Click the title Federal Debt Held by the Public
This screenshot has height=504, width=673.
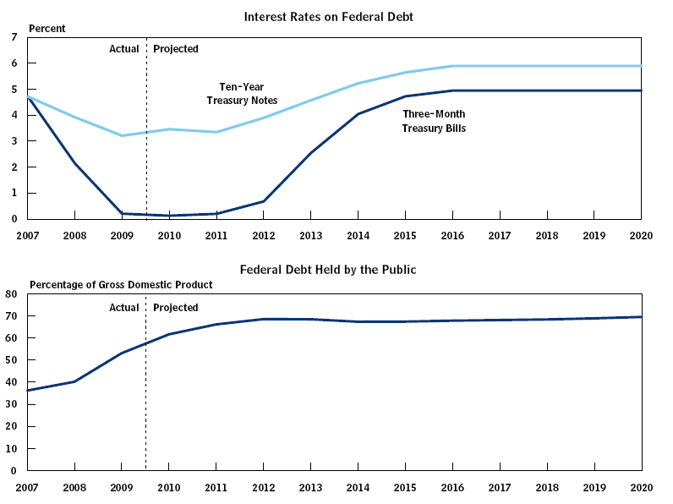click(x=328, y=270)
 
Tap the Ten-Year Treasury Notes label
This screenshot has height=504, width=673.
click(x=242, y=94)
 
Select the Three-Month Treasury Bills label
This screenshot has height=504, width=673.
click(x=434, y=121)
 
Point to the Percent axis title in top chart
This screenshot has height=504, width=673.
click(x=47, y=29)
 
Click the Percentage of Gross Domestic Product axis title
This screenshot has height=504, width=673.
click(x=121, y=285)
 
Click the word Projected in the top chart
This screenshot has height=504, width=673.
click(x=176, y=49)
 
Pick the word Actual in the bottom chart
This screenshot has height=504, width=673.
click(x=124, y=308)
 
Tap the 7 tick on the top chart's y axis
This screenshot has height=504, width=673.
click(x=14, y=37)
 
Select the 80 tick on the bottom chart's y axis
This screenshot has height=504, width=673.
click(x=12, y=294)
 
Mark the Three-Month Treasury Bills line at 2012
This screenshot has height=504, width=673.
click(x=263, y=201)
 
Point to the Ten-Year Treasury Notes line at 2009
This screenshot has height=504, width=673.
click(x=122, y=135)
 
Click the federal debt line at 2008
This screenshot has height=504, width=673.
click(x=74, y=381)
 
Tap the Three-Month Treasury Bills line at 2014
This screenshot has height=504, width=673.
click(x=358, y=113)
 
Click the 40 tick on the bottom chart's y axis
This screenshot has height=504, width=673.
click(x=12, y=382)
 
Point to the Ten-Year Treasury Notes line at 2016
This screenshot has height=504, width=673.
click(x=452, y=66)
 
